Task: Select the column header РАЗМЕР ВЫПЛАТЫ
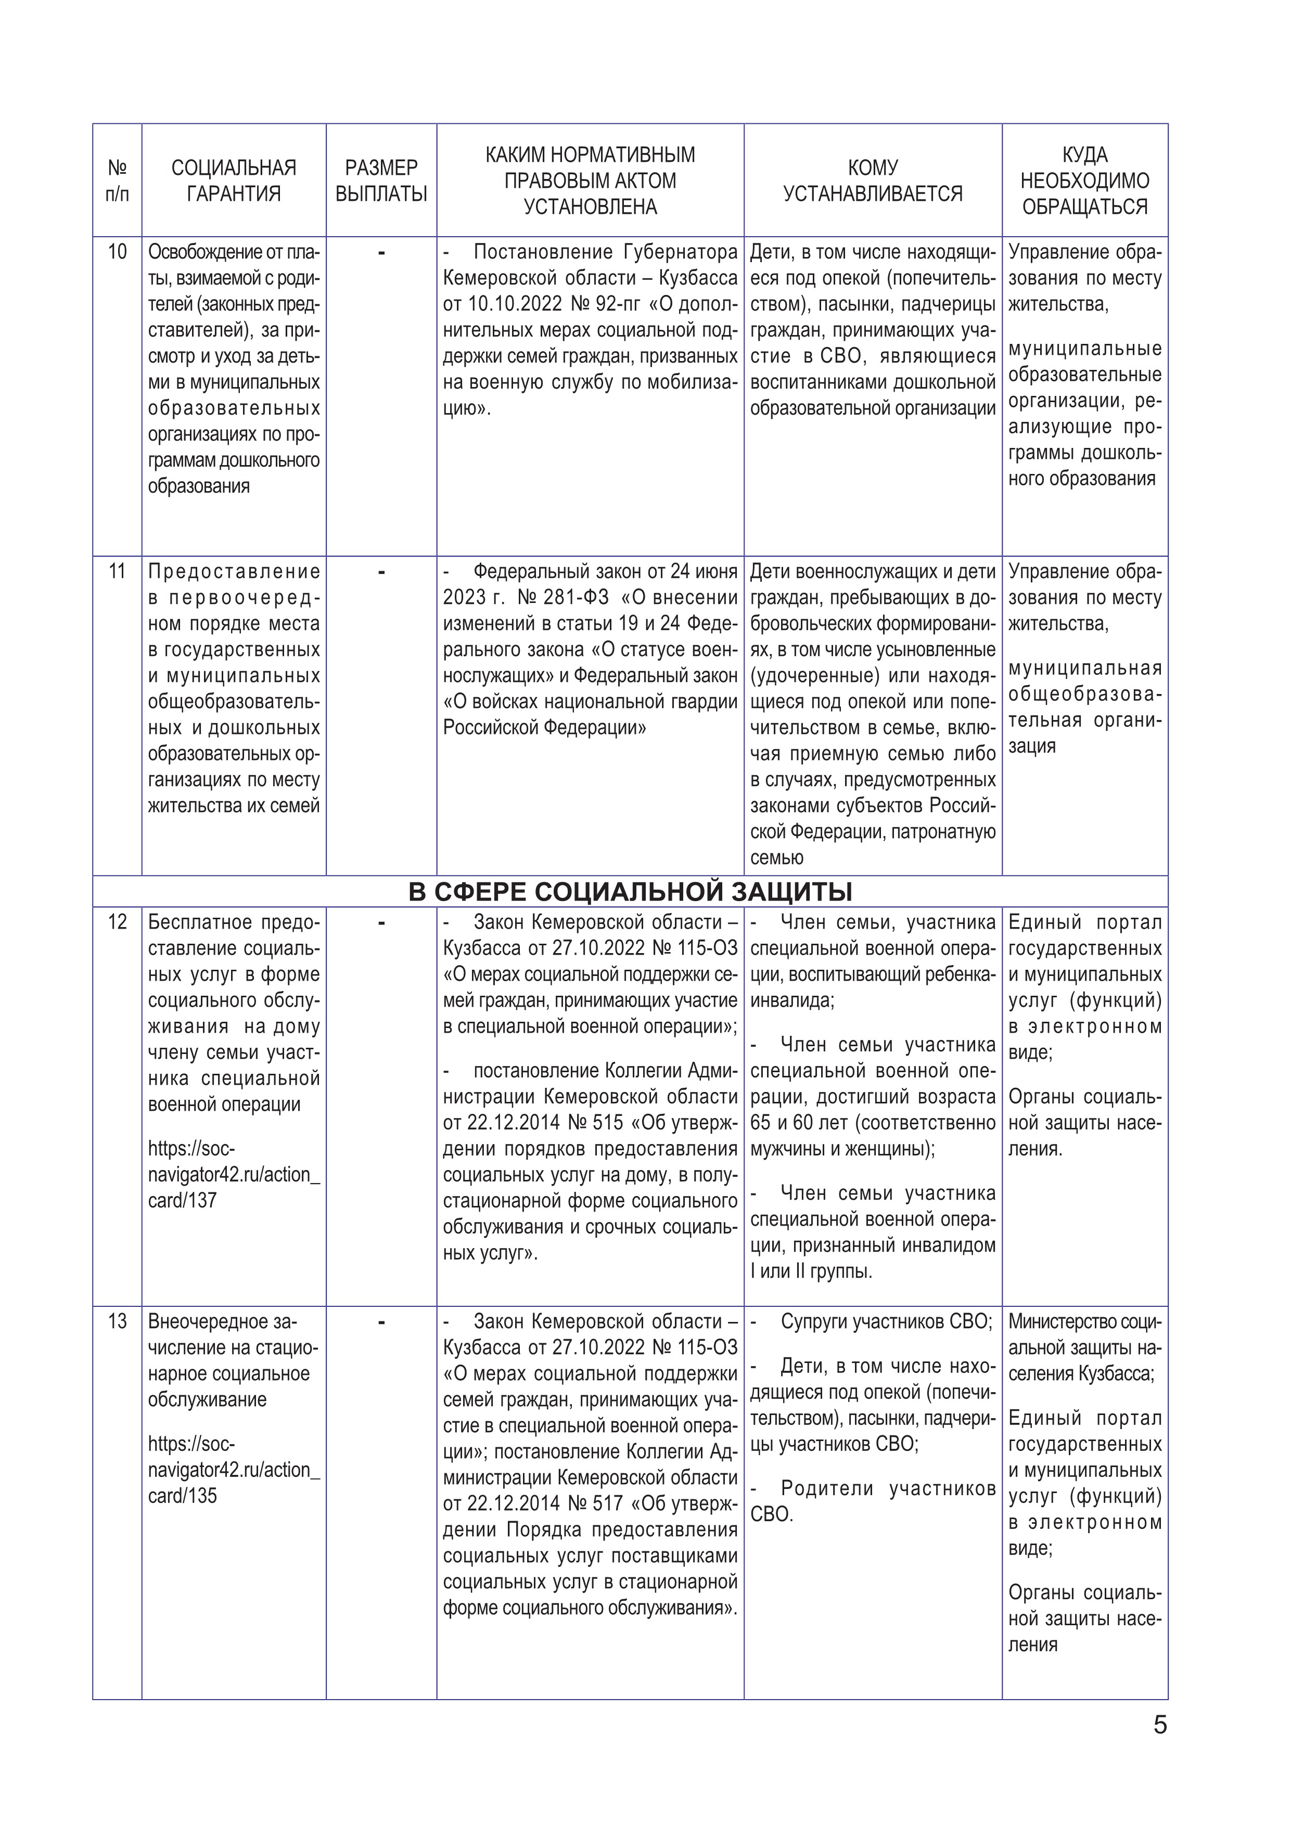381,181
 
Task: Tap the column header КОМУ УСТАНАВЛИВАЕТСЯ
872,181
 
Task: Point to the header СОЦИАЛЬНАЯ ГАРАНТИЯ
234,181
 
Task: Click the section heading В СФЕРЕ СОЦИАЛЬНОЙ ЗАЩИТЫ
630,892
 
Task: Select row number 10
117,252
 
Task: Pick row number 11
117,572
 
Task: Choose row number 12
117,922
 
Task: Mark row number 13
117,1322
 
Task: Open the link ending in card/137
234,1175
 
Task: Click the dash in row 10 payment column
381,253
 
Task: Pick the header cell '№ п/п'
117,181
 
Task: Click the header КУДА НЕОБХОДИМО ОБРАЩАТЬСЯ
1084,181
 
